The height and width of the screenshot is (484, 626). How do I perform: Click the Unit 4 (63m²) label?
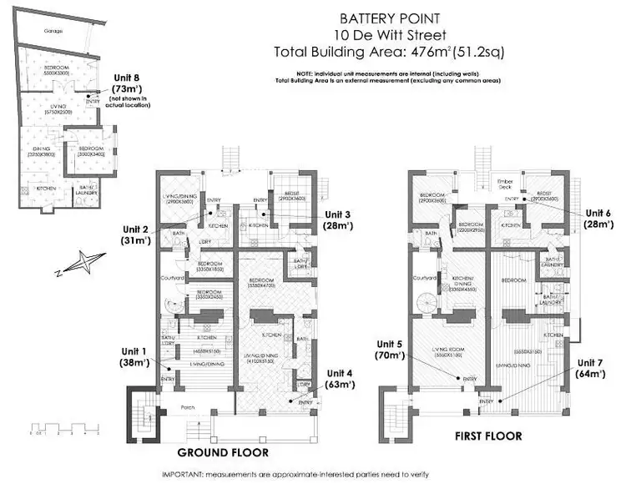point(341,379)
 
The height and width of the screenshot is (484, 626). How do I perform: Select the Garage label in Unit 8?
point(32,31)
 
